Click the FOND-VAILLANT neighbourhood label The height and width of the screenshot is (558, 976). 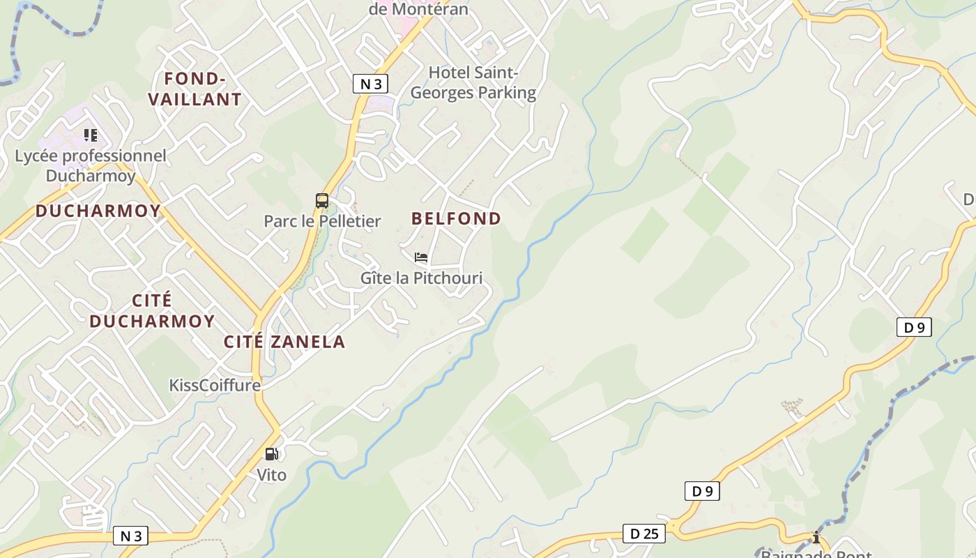click(195, 89)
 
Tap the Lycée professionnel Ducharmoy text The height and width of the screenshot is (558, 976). click(91, 165)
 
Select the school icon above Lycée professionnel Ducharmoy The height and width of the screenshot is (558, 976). click(90, 135)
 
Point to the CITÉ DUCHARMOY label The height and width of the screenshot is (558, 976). click(152, 310)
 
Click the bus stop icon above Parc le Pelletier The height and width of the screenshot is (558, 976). click(321, 201)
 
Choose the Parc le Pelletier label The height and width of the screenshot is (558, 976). click(322, 221)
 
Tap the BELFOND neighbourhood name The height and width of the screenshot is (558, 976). click(456, 218)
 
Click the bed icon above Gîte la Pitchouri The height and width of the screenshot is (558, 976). click(420, 257)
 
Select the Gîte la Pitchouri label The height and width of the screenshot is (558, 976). click(421, 278)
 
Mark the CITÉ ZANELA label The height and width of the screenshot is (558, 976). click(284, 341)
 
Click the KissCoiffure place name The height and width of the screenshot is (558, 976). click(215, 385)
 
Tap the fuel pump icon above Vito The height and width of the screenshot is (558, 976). click(271, 454)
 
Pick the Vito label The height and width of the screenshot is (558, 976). click(271, 475)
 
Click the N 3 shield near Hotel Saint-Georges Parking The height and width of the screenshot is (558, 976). click(369, 84)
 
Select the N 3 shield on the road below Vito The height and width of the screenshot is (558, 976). click(131, 536)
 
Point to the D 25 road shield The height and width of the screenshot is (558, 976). click(643, 534)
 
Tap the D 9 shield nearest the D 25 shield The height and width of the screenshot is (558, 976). click(702, 491)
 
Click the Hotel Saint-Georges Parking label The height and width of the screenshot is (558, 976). click(473, 82)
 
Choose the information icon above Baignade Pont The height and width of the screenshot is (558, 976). click(816, 537)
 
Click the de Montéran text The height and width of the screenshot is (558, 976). click(418, 9)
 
